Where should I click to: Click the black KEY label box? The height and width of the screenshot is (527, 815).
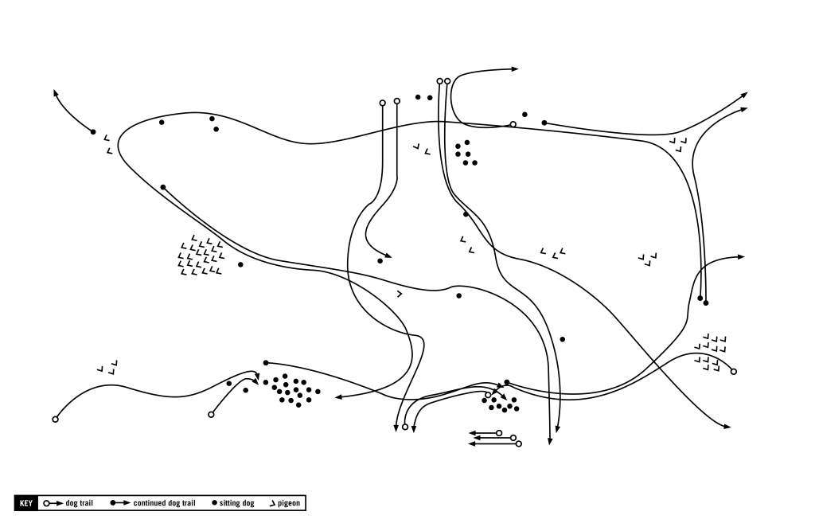26,504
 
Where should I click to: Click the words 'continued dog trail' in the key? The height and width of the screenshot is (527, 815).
164,504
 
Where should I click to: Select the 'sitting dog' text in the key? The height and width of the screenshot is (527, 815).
236,504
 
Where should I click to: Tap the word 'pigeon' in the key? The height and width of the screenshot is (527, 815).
290,504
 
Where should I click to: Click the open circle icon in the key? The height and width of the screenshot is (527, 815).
47,504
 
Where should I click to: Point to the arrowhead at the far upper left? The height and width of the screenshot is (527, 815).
56,92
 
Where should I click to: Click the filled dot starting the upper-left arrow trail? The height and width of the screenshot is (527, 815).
93,132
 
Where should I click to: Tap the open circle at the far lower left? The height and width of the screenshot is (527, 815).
55,420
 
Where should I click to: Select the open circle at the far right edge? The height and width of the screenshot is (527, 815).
733,372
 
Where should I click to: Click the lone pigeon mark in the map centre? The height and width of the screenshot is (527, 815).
400,295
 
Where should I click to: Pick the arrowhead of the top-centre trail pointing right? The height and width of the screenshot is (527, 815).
515,69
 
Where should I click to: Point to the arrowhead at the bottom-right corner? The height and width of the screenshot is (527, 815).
727,427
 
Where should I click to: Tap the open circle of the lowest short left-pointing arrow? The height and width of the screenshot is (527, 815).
519,443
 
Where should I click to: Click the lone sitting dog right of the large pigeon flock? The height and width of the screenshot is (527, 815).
240,264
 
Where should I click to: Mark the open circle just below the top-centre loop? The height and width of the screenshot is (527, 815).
513,124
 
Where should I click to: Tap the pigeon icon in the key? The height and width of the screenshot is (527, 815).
273,504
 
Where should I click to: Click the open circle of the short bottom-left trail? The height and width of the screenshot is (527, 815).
211,414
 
